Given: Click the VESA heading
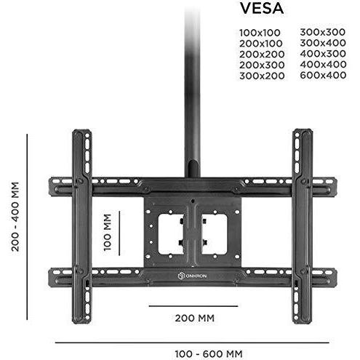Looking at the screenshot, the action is click(262, 9).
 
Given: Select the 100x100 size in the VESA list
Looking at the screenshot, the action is click(260, 33).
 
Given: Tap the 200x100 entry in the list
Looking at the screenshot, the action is click(261, 44).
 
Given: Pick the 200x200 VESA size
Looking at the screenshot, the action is click(262, 54).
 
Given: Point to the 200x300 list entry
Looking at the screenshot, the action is click(262, 65).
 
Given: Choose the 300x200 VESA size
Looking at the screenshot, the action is click(262, 76).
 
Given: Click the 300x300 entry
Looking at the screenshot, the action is click(323, 32).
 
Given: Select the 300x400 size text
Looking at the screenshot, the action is click(323, 43).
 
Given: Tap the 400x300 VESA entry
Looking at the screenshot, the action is click(323, 54).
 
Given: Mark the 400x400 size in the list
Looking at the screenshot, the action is click(323, 64).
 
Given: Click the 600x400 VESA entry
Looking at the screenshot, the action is click(323, 75).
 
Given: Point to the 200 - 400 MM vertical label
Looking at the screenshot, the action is click(15, 217).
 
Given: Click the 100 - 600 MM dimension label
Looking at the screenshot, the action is click(209, 354).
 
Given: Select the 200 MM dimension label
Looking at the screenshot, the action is click(195, 318).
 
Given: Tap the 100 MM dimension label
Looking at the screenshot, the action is click(107, 232).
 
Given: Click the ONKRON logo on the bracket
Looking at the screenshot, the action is click(192, 276).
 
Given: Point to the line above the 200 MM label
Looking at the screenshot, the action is click(193, 306).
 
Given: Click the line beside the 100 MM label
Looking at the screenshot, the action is click(119, 233).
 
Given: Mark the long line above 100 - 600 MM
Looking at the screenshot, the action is click(192, 343).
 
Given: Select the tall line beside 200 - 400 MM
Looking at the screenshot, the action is click(27, 227).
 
